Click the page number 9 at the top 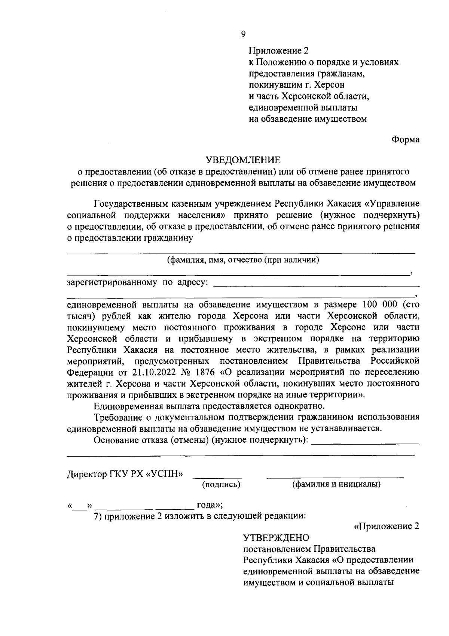243,34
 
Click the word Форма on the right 405,139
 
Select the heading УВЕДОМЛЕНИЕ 243,160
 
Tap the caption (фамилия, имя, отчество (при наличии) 243,260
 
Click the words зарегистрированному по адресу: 137,282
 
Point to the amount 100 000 379,304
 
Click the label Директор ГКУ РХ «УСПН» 125,474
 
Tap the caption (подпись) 221,484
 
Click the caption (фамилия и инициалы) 336,484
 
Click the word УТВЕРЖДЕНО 277,538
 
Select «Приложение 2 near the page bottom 386,526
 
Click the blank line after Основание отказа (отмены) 365,443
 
